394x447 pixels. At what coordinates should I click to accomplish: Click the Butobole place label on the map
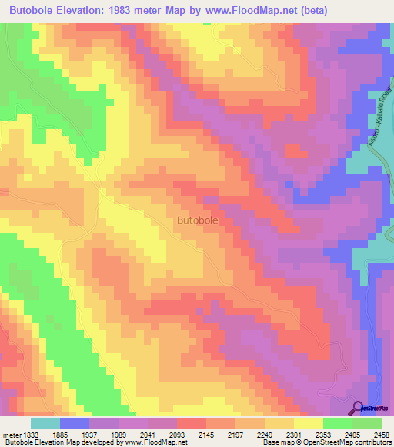[x=198, y=220]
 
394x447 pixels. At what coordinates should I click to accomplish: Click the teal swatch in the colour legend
[x=45, y=423]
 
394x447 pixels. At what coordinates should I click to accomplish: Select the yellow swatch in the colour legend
[x=307, y=423]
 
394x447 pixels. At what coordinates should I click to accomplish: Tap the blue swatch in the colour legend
[x=74, y=423]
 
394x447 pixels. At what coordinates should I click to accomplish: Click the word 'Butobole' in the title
[x=33, y=10]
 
